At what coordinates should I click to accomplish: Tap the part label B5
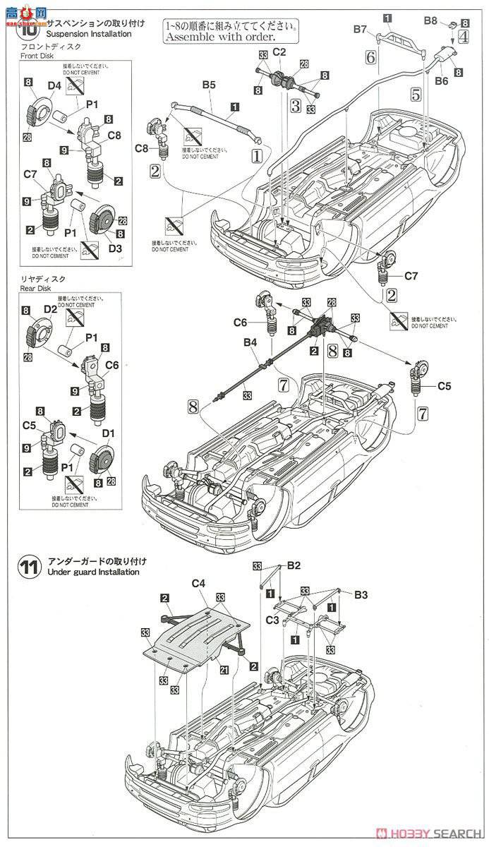[208, 85]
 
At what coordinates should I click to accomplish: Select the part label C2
[279, 52]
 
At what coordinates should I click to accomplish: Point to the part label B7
[361, 30]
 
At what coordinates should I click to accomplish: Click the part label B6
[441, 81]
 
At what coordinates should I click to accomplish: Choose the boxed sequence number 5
[416, 93]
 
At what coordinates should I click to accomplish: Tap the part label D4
[54, 86]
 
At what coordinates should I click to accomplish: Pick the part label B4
[250, 343]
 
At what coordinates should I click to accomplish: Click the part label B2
[294, 565]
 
